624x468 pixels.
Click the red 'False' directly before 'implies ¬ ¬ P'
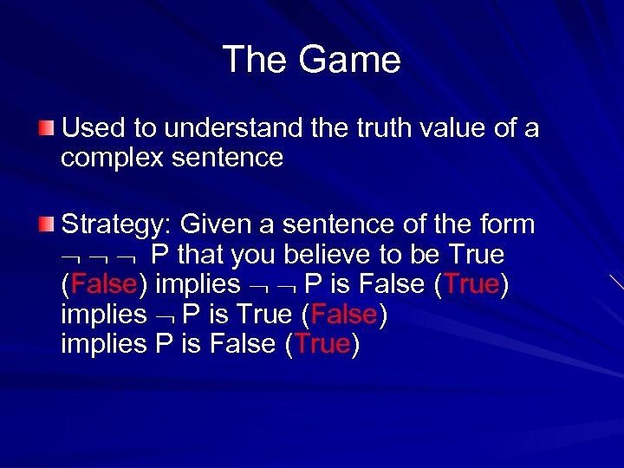[104, 284]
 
